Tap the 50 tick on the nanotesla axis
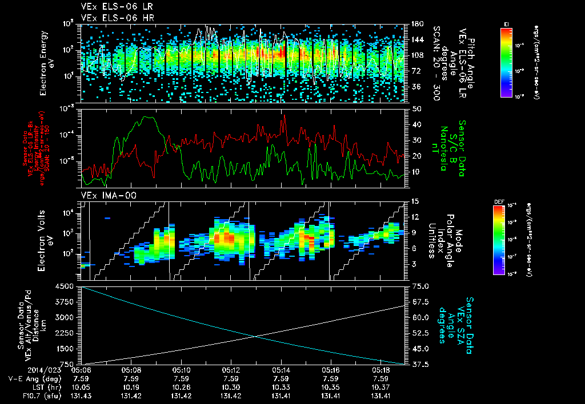pyautogui.click(x=415, y=108)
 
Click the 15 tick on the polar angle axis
pyautogui.click(x=415, y=201)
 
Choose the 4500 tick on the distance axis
pyautogui.click(x=66, y=287)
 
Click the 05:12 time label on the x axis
pyautogui.click(x=231, y=370)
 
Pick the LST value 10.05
pyautogui.click(x=81, y=386)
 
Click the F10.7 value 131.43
pyautogui.click(x=81, y=395)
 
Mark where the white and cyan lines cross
pyautogui.click(x=257, y=336)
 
